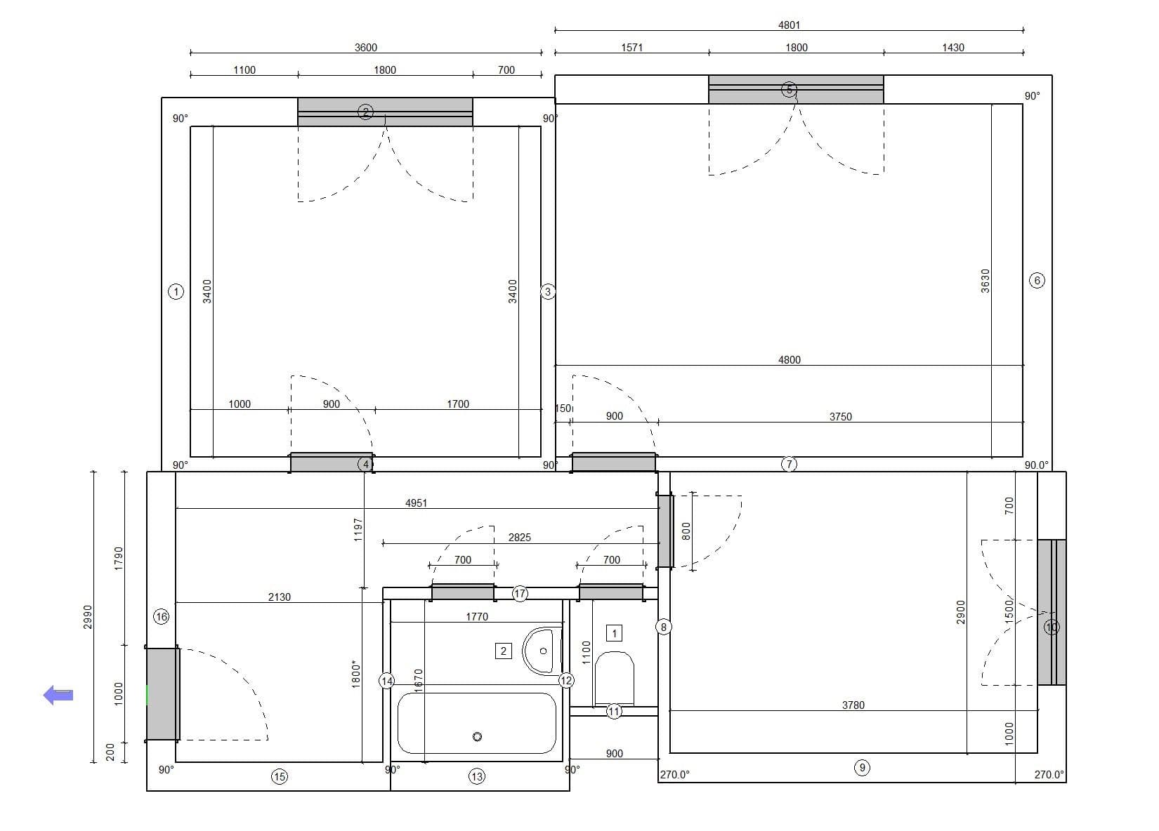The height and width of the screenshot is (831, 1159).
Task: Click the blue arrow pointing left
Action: pyautogui.click(x=59, y=695)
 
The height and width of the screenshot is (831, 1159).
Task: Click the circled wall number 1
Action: pyautogui.click(x=176, y=291)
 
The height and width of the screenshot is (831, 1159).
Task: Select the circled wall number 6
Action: pyautogui.click(x=1037, y=281)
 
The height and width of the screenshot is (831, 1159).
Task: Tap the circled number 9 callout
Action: pyautogui.click(x=862, y=768)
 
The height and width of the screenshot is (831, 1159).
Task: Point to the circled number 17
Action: pyautogui.click(x=520, y=594)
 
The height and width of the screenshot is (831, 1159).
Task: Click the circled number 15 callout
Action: pyautogui.click(x=280, y=776)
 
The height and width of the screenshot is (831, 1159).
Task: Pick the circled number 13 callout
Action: pyautogui.click(x=477, y=776)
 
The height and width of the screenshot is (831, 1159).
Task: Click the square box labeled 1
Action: pyautogui.click(x=614, y=633)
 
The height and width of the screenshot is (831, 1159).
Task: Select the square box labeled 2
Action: pyautogui.click(x=503, y=651)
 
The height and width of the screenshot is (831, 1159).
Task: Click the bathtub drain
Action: pyautogui.click(x=478, y=736)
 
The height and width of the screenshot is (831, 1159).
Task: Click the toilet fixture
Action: pyautogui.click(x=614, y=677)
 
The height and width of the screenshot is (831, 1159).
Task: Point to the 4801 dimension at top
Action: pyautogui.click(x=789, y=25)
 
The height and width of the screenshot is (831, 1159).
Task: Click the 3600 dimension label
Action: pyautogui.click(x=365, y=48)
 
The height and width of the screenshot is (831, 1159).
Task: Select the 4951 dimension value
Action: pyautogui.click(x=416, y=503)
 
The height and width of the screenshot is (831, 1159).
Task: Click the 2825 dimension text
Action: pyautogui.click(x=520, y=538)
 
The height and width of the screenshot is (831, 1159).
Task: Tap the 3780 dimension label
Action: pyautogui.click(x=853, y=705)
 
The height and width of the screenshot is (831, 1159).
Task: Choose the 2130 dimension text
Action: pyautogui.click(x=279, y=597)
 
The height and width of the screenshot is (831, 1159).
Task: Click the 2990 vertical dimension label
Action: pyautogui.click(x=88, y=617)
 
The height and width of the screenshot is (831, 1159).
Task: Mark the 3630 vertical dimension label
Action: pyautogui.click(x=985, y=281)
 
